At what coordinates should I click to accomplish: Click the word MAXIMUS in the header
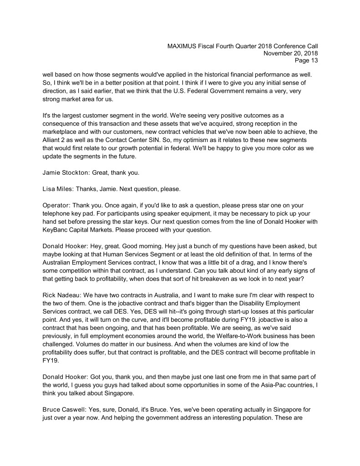point(183,46)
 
